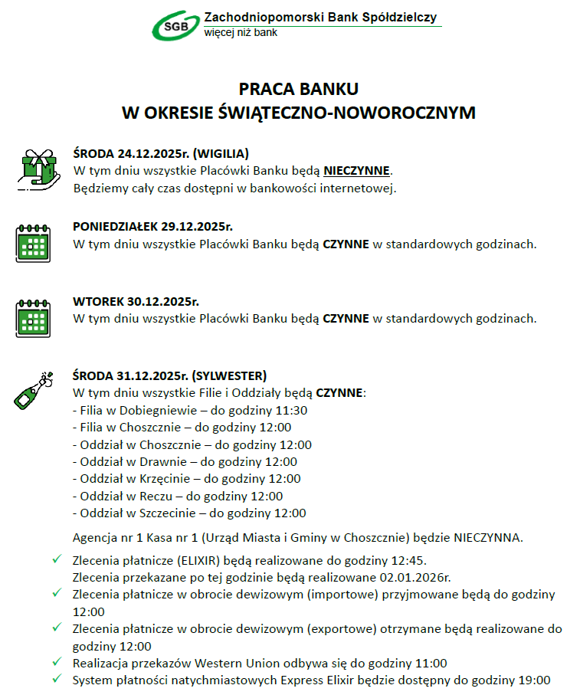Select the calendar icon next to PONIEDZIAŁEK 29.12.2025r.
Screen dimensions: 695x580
(33, 244)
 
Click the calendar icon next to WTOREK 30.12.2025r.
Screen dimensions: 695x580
(33, 318)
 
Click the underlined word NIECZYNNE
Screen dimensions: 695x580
(356, 170)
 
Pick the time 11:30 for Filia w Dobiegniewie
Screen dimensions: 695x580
(292, 411)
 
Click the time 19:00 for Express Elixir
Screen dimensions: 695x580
(534, 680)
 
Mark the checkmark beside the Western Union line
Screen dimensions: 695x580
(57, 663)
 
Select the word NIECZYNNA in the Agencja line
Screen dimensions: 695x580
(487, 537)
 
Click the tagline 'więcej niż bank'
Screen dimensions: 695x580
(241, 33)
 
